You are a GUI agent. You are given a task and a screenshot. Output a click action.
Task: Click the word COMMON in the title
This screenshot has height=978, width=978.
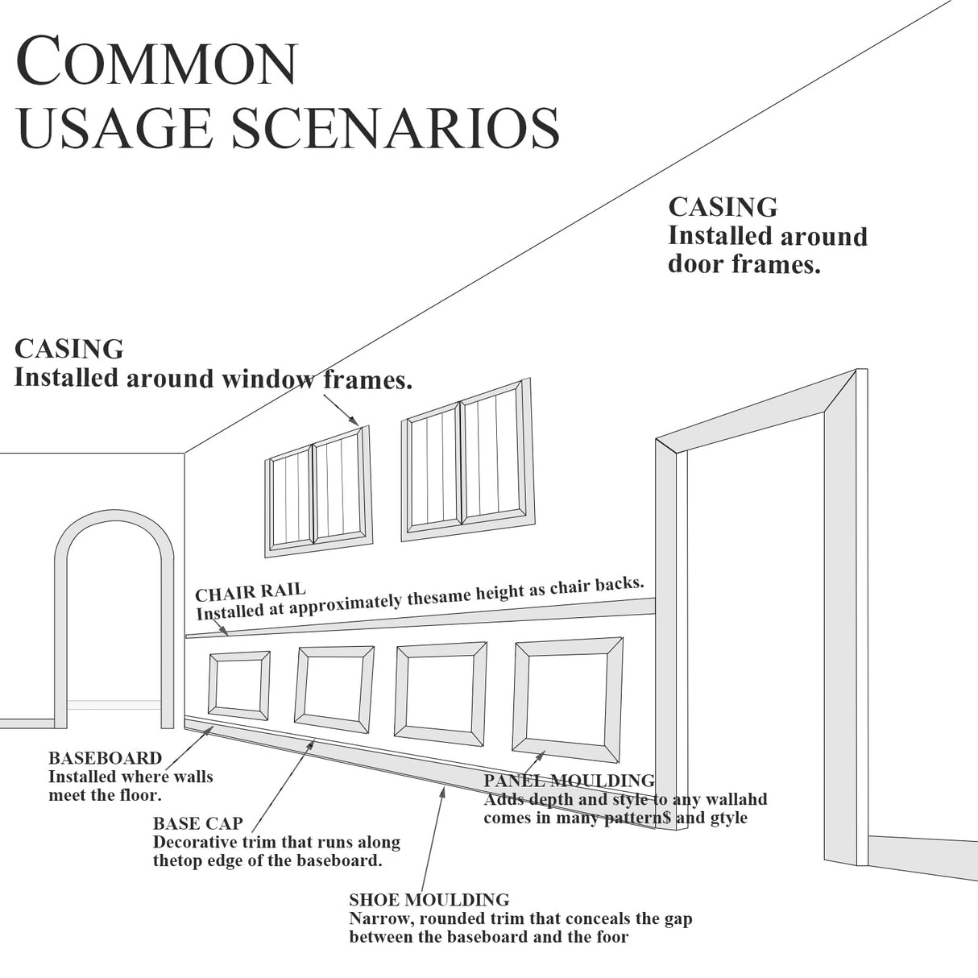click(157, 62)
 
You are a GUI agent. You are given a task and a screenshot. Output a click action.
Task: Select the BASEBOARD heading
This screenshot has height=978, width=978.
click(105, 758)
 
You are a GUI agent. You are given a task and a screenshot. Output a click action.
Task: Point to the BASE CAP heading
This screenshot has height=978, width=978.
click(197, 824)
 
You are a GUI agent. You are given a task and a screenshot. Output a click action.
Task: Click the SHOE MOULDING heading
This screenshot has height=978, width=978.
click(429, 900)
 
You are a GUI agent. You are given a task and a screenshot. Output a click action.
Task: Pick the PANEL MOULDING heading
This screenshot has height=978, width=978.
click(569, 781)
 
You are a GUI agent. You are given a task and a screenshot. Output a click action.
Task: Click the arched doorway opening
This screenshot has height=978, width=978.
click(114, 628)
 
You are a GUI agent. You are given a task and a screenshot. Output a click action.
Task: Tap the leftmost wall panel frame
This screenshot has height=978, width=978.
click(239, 685)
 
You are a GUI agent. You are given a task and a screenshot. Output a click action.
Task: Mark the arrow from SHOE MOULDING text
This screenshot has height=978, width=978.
click(433, 838)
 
